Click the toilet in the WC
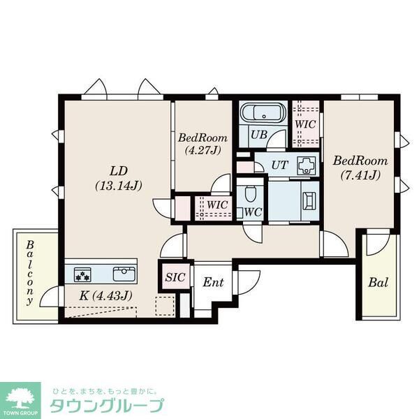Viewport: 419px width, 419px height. pyautogui.click(x=251, y=191)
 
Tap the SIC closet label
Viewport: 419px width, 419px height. pyautogui.click(x=175, y=277)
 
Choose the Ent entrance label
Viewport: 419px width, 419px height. pyautogui.click(x=212, y=283)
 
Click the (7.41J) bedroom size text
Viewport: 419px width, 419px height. pyautogui.click(x=360, y=175)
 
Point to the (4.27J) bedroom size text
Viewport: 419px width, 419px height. pyautogui.click(x=202, y=149)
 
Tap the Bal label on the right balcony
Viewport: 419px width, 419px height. pyautogui.click(x=378, y=284)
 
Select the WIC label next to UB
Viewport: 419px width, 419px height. pyautogui.click(x=306, y=124)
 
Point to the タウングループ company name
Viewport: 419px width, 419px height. pyautogui.click(x=105, y=406)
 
